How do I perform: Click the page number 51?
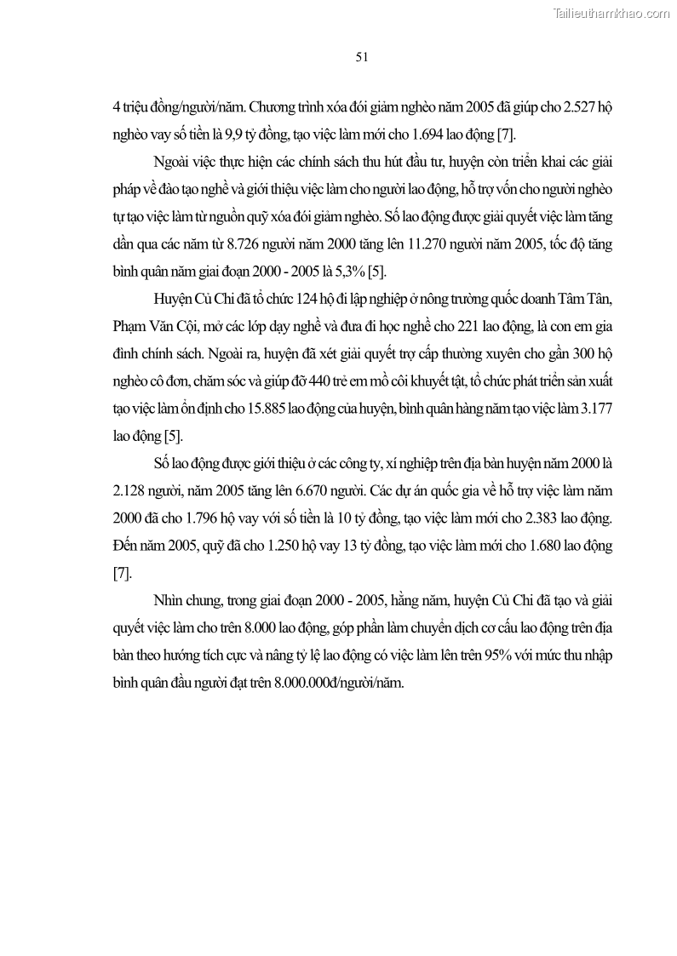pyautogui.click(x=361, y=57)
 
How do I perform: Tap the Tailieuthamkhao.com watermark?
pyautogui.click(x=611, y=13)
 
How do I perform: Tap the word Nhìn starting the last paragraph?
pyautogui.click(x=170, y=600)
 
